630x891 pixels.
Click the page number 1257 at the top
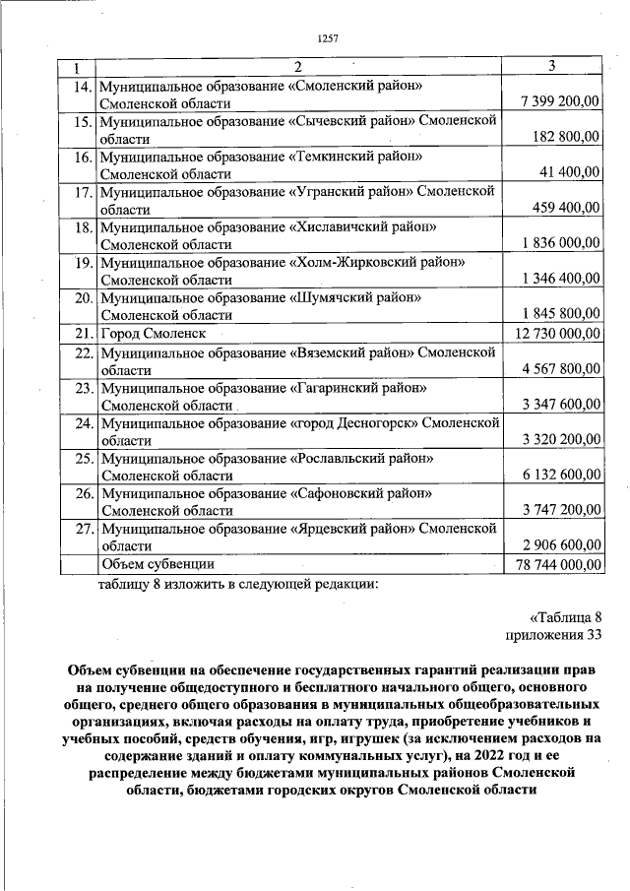coord(328,38)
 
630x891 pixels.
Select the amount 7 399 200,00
coord(558,103)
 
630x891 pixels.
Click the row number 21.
coord(83,334)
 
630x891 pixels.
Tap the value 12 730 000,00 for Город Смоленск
coord(556,334)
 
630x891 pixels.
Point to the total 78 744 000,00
coord(557,565)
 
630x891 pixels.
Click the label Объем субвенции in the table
coord(158,564)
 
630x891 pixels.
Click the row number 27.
coord(83,529)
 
